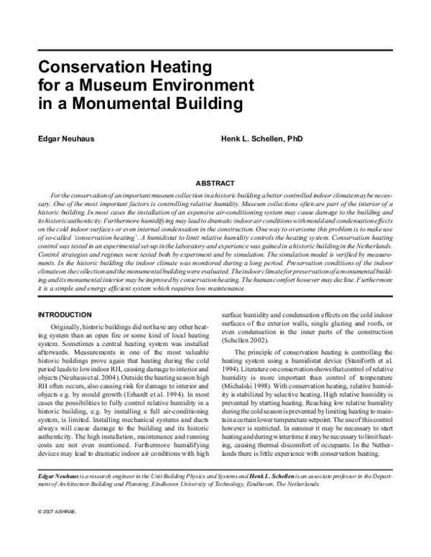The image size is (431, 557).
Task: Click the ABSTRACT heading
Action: click(215, 184)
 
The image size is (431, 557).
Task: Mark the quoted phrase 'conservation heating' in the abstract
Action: click(90, 235)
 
